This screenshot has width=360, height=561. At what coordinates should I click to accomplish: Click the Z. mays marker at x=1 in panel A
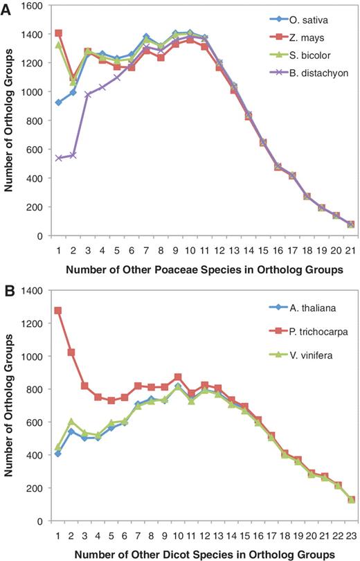pyautogui.click(x=58, y=33)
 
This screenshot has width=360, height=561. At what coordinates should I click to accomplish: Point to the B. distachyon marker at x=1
pyautogui.click(x=58, y=158)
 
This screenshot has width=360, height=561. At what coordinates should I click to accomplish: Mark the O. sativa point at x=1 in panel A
pyautogui.click(x=58, y=102)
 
